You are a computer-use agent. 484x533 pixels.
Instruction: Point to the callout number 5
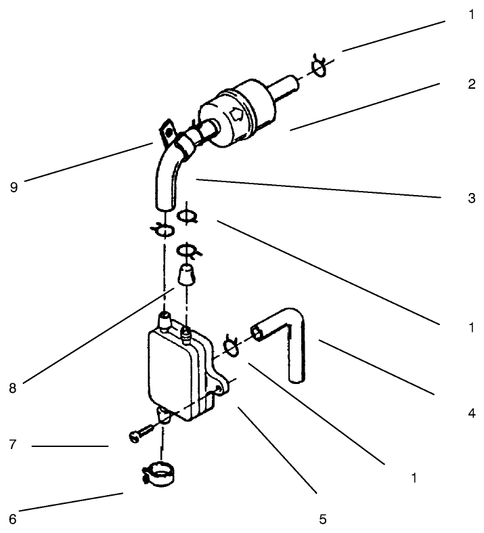[x=323, y=519]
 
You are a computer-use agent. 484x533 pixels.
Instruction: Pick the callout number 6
[x=13, y=519]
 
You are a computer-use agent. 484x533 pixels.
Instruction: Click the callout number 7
[x=13, y=446]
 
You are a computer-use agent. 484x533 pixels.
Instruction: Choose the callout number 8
[x=13, y=389]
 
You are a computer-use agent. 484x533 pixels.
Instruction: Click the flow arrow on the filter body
[x=238, y=115]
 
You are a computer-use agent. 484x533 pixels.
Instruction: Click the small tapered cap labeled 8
[x=186, y=276]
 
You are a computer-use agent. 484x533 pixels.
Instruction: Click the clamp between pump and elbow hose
[x=230, y=346]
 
